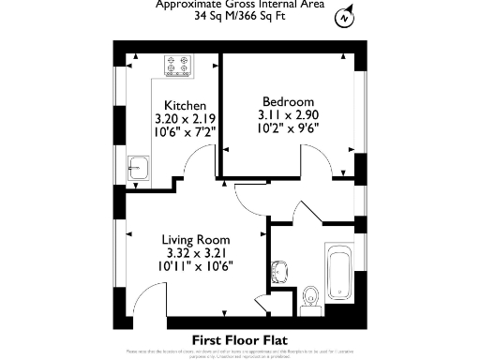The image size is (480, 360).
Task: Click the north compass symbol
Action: pos(346,18)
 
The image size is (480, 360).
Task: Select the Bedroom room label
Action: pos(288,101)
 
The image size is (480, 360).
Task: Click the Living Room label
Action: pos(196,240)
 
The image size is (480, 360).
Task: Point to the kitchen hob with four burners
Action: pos(177,66)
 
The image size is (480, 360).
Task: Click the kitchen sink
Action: pos(140,169)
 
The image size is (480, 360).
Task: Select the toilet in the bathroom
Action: pos(311,299)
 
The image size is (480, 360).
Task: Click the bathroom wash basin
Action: pos(277,273)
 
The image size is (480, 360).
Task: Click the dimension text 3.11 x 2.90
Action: pos(288,114)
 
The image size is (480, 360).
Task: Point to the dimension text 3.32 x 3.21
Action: pos(196,253)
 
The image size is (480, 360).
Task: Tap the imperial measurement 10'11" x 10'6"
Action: pos(196,266)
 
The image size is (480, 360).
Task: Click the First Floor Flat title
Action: pos(239,339)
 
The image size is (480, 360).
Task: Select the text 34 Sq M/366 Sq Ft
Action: pos(239,16)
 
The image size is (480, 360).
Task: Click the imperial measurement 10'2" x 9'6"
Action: pos(288,127)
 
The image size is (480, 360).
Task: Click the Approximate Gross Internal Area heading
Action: pos(239,4)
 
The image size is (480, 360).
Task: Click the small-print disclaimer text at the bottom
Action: pos(239,353)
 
